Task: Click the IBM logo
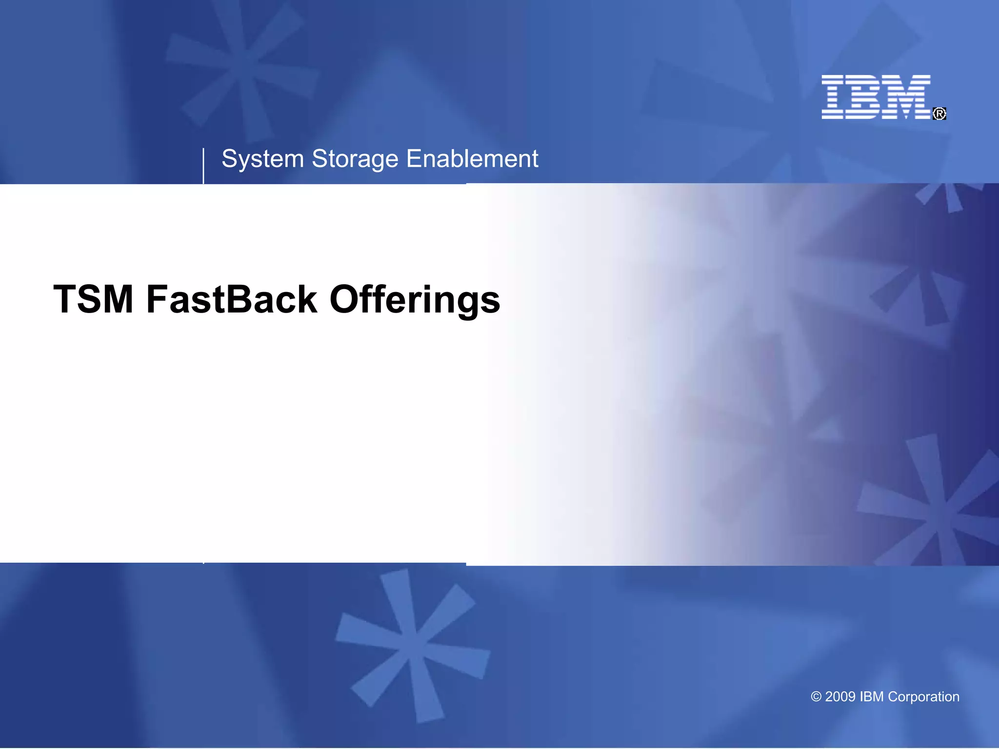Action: click(876, 97)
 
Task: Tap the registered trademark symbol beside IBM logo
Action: click(939, 114)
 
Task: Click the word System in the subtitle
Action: click(263, 159)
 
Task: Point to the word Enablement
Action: click(472, 159)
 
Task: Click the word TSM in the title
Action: click(93, 299)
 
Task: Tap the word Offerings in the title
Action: click(415, 299)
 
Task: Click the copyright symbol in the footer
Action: click(816, 697)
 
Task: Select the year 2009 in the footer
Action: click(840, 697)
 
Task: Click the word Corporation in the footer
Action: click(923, 697)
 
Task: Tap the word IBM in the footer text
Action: click(872, 697)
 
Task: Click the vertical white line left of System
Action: click(203, 166)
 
